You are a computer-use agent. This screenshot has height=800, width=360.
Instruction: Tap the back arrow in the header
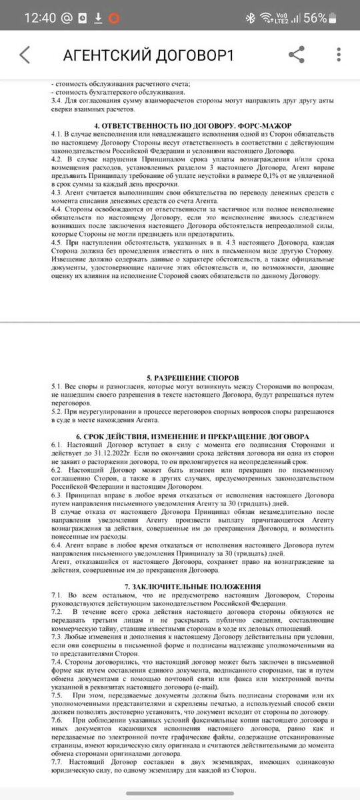25,54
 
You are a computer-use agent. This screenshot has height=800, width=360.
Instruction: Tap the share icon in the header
297,54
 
